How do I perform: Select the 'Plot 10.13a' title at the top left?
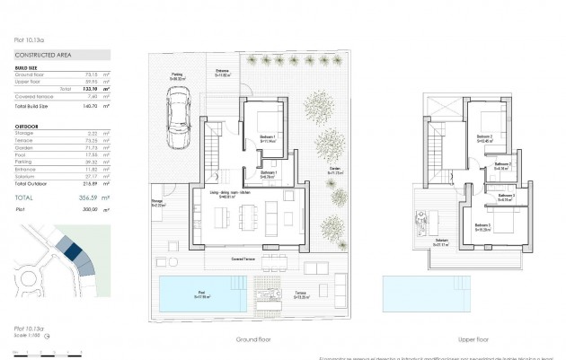[x=26, y=40]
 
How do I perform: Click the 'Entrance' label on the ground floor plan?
[x=223, y=71]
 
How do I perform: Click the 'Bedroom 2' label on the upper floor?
[x=484, y=136]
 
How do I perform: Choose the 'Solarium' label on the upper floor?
[x=417, y=240]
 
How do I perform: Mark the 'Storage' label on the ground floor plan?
[x=156, y=202]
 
